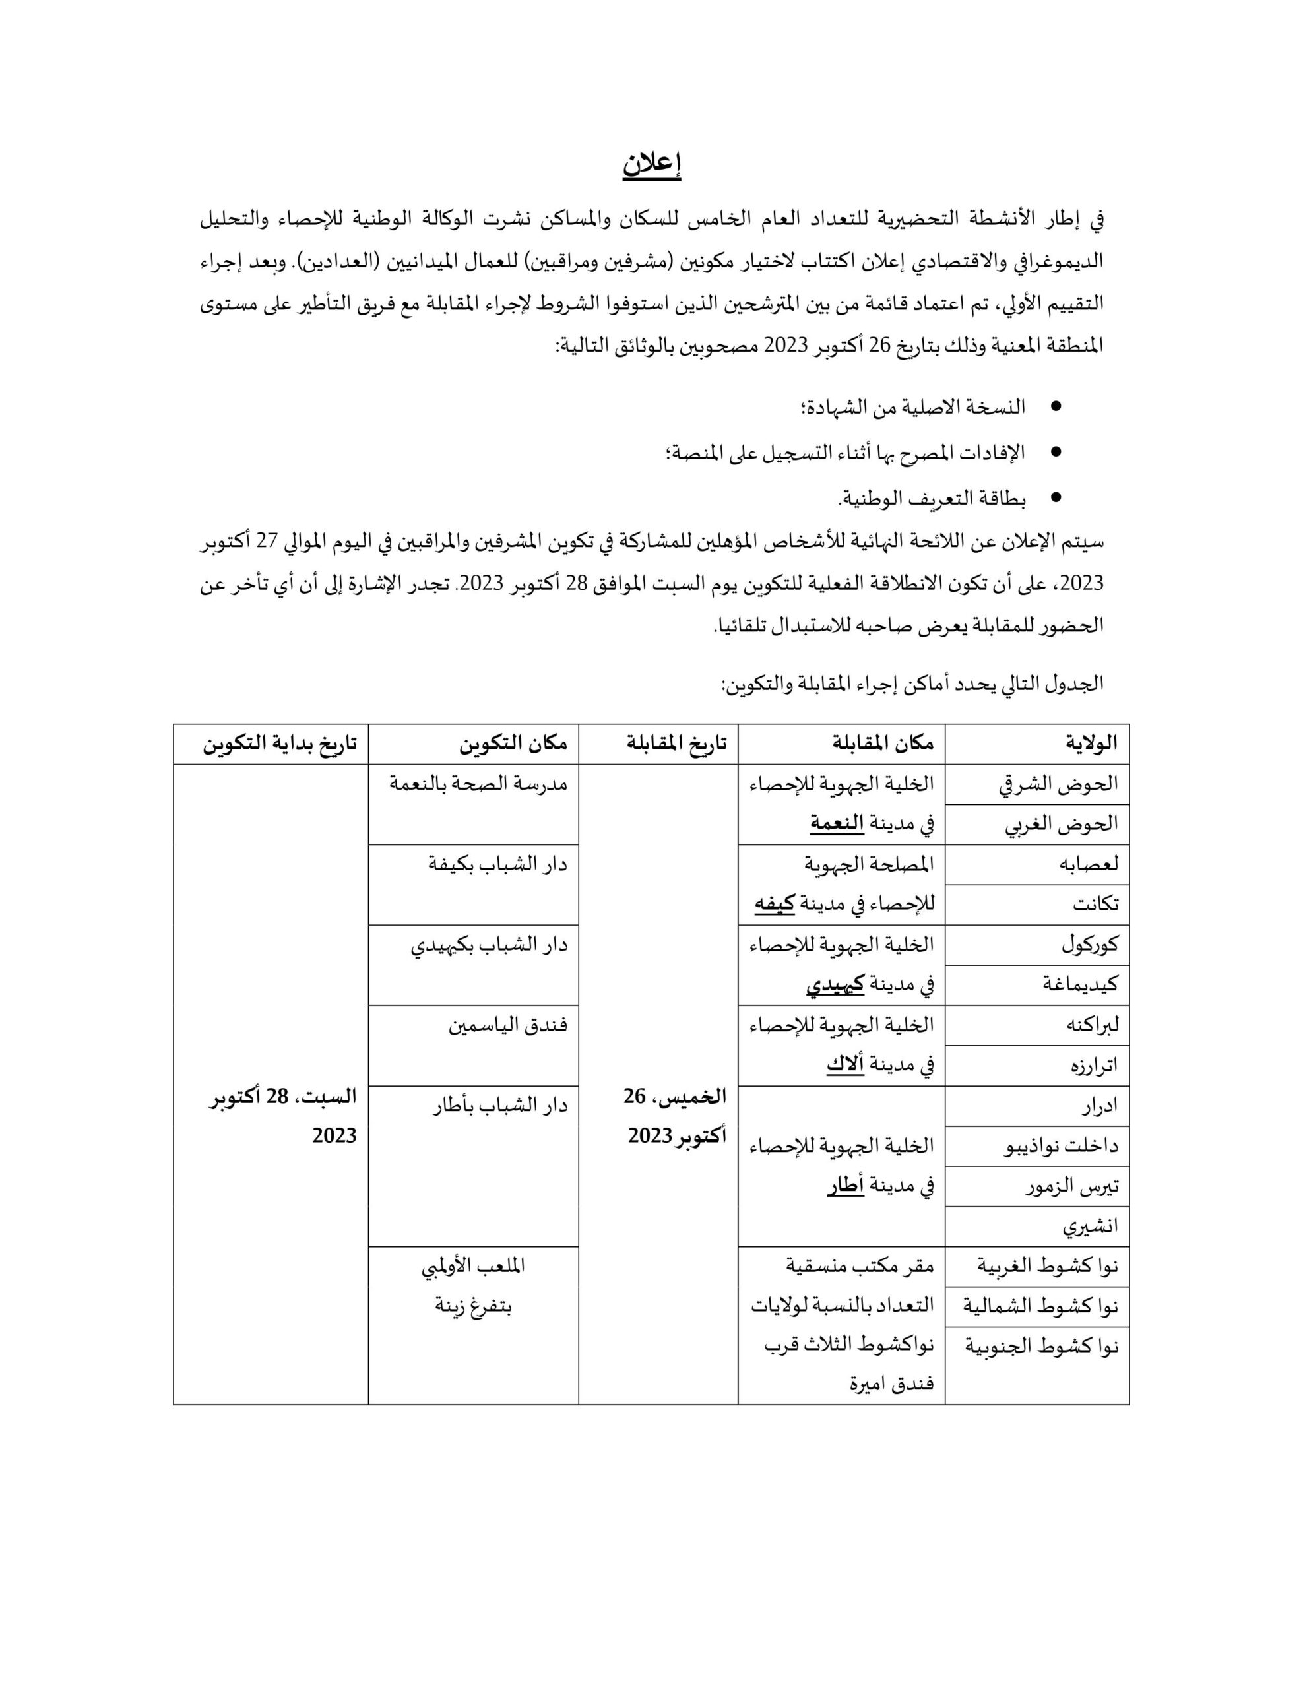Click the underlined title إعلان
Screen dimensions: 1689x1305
[x=651, y=166]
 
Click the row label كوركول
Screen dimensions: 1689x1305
[x=1089, y=944]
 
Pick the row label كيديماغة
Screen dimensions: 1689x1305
[x=1081, y=984]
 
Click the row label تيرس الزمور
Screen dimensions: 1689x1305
[x=1071, y=1186]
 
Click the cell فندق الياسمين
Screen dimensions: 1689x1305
[x=507, y=1025]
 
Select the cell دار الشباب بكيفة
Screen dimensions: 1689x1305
[x=497, y=864]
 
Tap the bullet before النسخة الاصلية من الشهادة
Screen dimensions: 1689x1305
[x=1054, y=406]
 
